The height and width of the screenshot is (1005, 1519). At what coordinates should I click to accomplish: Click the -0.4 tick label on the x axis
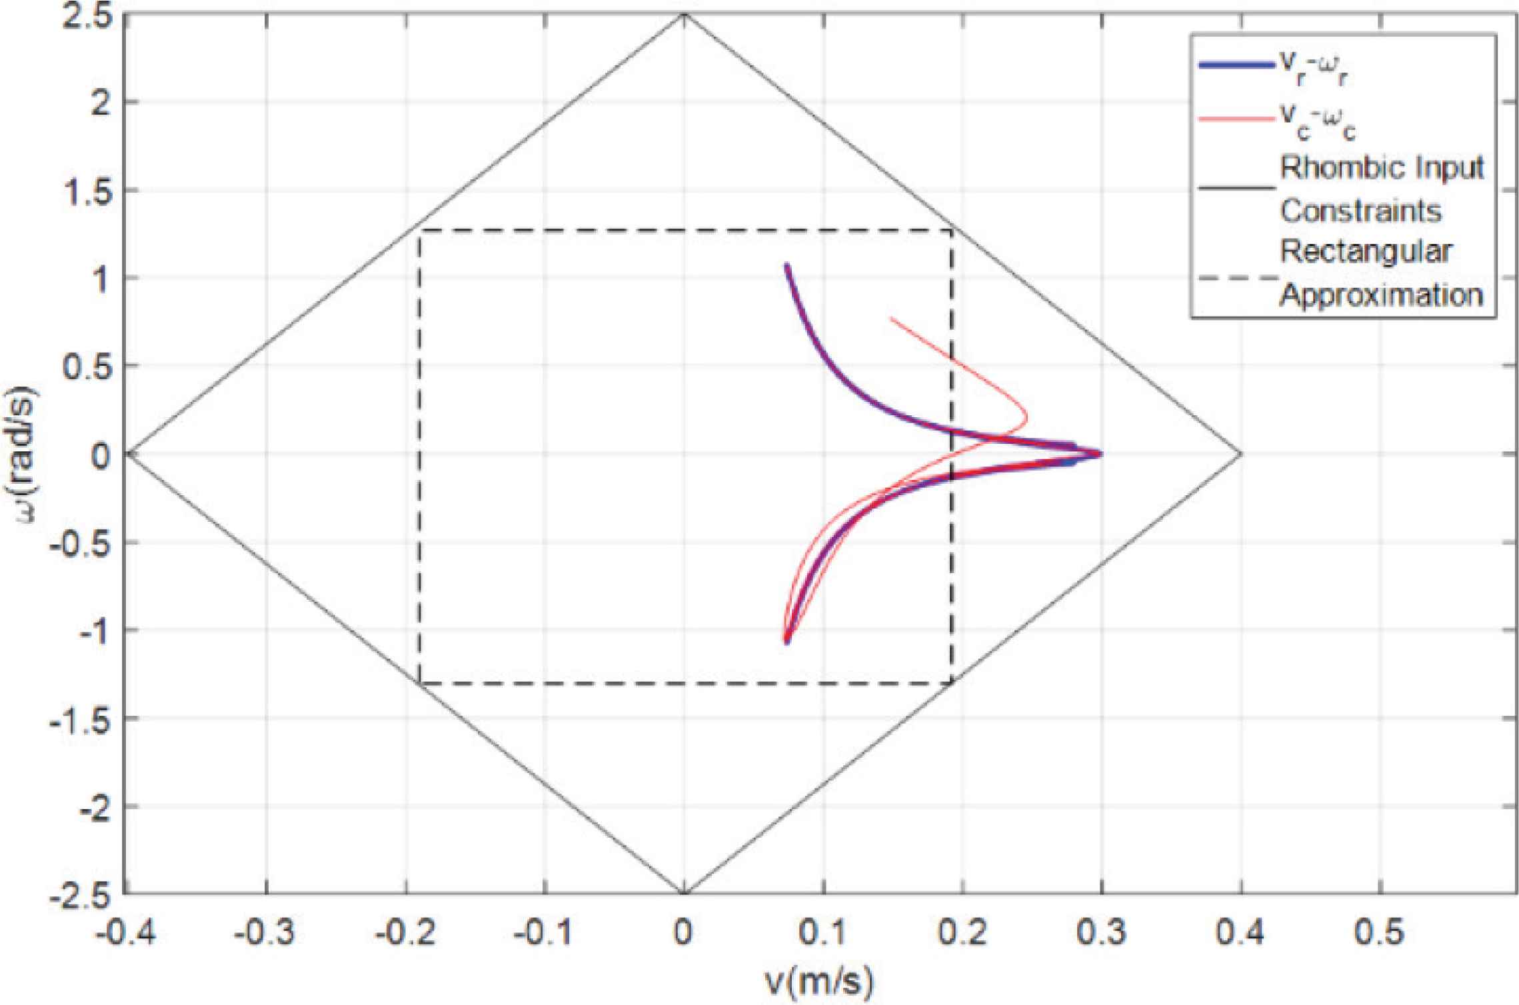[x=126, y=933]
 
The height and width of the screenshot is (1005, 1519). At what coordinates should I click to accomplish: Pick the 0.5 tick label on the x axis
[x=1380, y=933]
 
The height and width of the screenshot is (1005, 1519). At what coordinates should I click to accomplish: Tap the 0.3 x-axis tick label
[x=1101, y=933]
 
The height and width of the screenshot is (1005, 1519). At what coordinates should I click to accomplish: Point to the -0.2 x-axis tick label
[x=405, y=933]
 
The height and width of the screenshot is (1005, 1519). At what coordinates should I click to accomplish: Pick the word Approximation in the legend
[x=1381, y=295]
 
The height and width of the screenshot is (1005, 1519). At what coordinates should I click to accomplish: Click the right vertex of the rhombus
[x=1241, y=454]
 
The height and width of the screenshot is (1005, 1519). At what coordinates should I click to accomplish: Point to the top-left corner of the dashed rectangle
[x=419, y=231]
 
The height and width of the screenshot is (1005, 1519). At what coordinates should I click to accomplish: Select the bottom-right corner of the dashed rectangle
[x=952, y=683]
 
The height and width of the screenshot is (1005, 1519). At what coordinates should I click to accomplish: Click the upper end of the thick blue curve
[x=786, y=266]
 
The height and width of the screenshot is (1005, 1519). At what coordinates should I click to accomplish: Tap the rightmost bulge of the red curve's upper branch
[x=1026, y=419]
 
